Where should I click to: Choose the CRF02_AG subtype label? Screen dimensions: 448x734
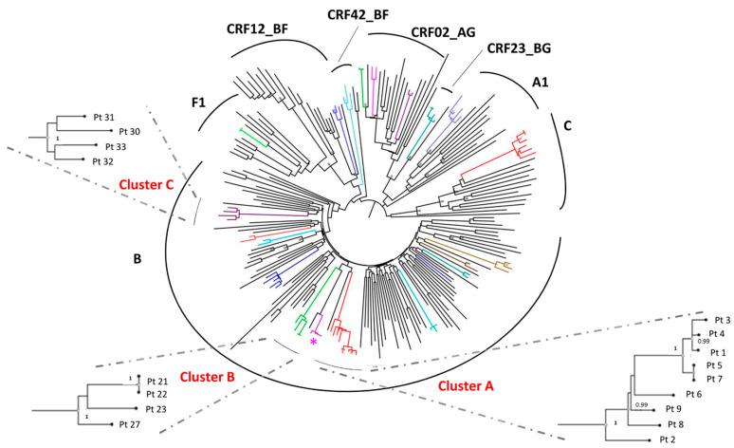444,31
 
